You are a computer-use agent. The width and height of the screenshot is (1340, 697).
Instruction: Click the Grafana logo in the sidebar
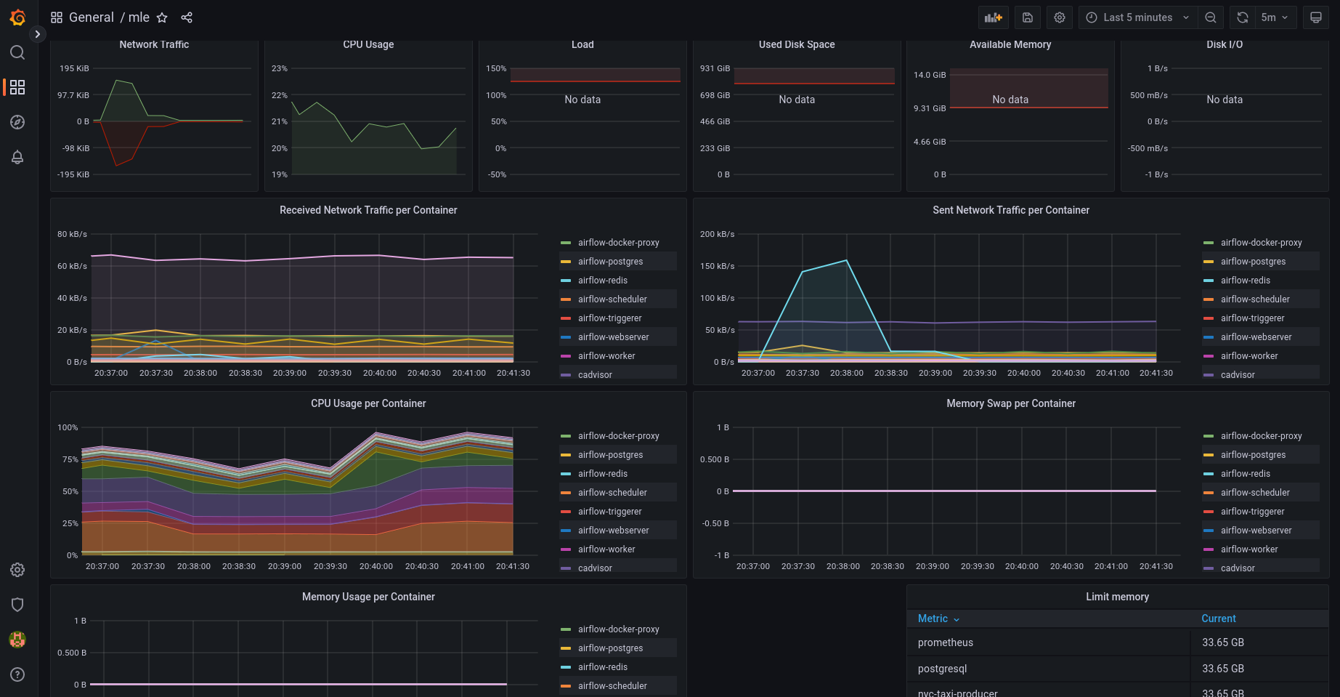coord(17,17)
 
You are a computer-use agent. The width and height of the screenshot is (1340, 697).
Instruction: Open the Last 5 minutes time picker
coord(1137,17)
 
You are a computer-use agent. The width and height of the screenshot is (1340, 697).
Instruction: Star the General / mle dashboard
coord(162,17)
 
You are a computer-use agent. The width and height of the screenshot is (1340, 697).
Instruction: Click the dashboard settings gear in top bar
coord(1060,17)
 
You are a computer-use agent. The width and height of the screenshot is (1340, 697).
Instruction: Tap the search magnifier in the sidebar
coord(17,52)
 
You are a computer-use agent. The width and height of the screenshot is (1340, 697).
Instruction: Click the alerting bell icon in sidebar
coord(17,157)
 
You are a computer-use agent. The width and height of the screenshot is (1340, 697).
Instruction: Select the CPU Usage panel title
coord(368,44)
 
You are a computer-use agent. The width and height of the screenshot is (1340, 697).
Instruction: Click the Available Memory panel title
coord(1010,44)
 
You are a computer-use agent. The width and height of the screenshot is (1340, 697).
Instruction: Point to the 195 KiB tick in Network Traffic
coord(74,68)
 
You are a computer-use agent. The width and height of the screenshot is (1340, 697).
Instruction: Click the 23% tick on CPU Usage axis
coord(280,68)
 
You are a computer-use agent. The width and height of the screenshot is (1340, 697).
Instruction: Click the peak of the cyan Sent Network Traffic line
coord(846,260)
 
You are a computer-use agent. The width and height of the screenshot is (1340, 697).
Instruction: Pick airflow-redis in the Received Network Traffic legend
coord(603,281)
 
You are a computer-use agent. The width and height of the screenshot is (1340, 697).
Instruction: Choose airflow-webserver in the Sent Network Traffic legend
coord(1256,337)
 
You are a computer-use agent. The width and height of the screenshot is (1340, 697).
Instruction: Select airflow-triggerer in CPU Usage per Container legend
coord(610,512)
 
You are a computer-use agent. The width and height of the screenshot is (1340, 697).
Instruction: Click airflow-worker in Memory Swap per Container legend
coord(1249,549)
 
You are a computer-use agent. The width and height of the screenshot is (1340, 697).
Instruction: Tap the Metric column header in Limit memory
coord(933,619)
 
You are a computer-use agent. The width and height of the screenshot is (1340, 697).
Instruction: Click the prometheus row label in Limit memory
coord(946,642)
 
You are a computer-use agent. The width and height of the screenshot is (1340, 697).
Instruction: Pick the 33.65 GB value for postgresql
coord(1223,669)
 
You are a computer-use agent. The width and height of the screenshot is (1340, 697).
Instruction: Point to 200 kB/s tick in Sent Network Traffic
coord(717,234)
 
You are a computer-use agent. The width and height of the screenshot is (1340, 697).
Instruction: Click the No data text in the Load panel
coord(582,100)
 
